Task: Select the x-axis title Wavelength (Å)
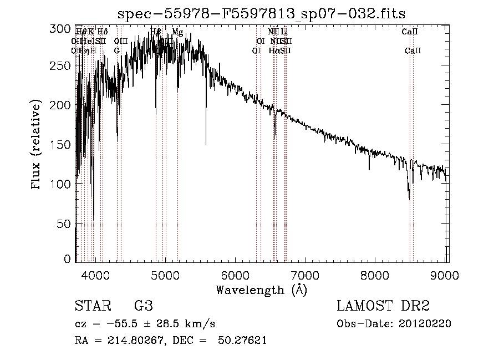(261, 290)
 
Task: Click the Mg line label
(177, 32)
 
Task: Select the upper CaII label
(410, 32)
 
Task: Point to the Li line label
(284, 32)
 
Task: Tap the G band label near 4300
(117, 50)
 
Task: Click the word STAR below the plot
(92, 306)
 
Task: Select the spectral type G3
(144, 306)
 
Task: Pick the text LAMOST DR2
(383, 306)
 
